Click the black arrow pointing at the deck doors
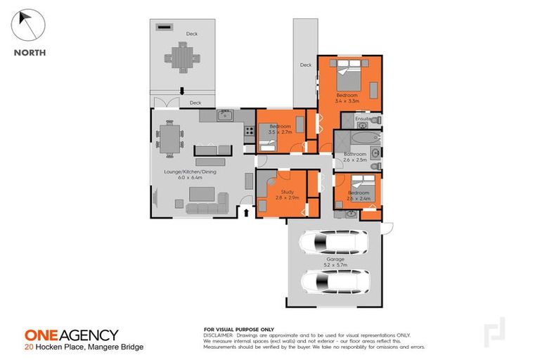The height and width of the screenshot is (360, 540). (182, 90)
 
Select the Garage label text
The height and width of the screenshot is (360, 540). (335, 259)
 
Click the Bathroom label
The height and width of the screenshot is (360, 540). (354, 154)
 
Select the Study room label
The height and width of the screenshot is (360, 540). (287, 192)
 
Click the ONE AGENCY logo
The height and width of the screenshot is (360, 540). (71, 335)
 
